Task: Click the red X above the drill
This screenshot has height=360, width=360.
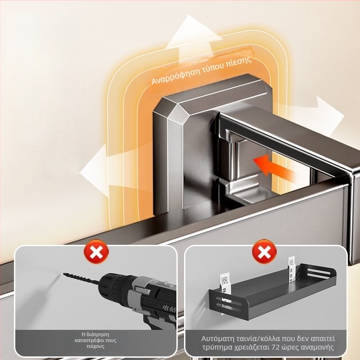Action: [96, 252]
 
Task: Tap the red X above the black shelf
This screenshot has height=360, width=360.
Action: [264, 252]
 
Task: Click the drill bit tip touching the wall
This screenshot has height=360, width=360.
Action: [64, 274]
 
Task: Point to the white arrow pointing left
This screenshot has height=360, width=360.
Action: [94, 171]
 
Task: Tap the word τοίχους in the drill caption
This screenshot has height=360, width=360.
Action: [95, 346]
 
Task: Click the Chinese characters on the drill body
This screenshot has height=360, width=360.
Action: [169, 308]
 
